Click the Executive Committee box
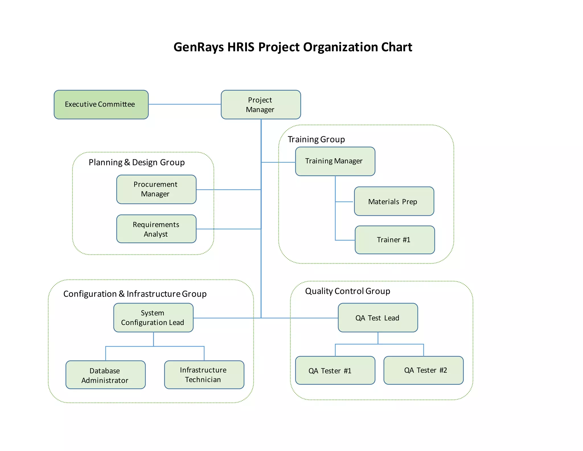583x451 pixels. point(101,105)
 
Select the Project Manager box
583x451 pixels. point(261,105)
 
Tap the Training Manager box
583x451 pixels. point(335,161)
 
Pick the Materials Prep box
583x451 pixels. point(394,201)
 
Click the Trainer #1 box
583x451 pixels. point(395,240)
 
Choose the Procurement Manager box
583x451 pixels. point(156,189)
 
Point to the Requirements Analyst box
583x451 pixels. point(156,229)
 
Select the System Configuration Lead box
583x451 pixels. point(153,318)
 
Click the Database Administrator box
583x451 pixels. point(106,375)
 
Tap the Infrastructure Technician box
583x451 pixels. point(204,375)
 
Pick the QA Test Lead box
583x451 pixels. point(378,318)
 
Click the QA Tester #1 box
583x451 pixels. point(335,370)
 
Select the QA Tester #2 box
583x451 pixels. point(423,370)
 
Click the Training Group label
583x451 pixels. point(316,139)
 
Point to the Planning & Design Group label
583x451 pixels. point(137,162)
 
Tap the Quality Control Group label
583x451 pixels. point(347,291)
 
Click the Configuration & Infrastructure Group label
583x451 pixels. point(135,294)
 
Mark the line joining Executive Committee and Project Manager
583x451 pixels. point(184,104)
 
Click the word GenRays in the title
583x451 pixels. point(198,47)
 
